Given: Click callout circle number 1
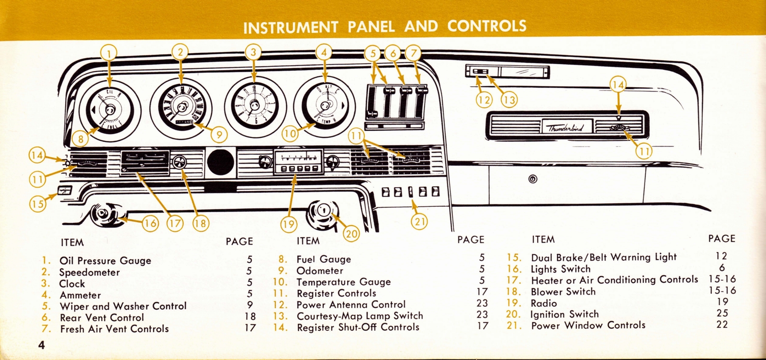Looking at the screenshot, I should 109,53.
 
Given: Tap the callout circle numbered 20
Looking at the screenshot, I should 351,233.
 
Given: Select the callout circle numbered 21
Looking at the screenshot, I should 419,221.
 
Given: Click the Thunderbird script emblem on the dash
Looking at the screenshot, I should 567,127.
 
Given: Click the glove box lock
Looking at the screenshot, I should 533,180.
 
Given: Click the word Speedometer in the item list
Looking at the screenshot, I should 90,272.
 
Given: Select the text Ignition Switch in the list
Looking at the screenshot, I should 564,315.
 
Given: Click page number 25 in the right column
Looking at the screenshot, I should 722,314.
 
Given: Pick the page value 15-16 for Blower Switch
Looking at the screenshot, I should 722,291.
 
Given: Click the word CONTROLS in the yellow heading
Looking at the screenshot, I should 486,26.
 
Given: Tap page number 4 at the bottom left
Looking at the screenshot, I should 42,345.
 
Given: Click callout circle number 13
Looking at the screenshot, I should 509,99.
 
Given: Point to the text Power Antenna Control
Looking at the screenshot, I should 351,304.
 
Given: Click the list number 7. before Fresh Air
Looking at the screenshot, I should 46,329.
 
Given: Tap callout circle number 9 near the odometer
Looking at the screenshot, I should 218,135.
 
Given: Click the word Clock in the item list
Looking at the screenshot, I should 72,284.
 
